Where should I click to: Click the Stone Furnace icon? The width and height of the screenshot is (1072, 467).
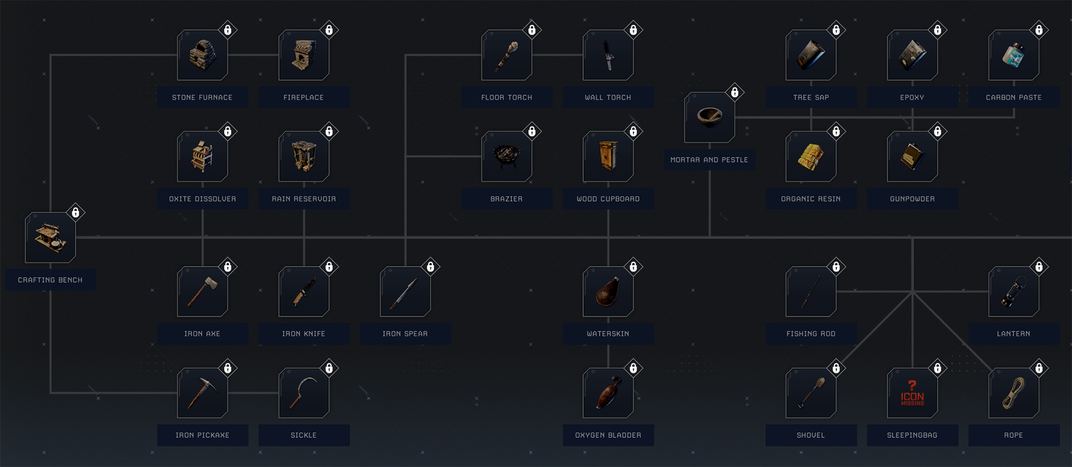click(x=202, y=55)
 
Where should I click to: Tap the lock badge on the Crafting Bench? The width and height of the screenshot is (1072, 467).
click(x=75, y=212)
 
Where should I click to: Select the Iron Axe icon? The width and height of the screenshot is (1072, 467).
click(x=202, y=292)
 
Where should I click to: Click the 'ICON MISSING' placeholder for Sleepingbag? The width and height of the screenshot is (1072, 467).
click(x=912, y=393)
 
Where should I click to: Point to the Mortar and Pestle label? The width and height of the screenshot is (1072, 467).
click(x=709, y=160)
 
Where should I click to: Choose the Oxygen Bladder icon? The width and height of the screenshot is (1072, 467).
click(x=608, y=393)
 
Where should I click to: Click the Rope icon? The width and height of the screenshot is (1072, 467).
click(x=1013, y=393)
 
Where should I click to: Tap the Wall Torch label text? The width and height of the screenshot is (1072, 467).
click(x=608, y=97)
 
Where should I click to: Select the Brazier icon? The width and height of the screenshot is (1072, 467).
click(x=506, y=156)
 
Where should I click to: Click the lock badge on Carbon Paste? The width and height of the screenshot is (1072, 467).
click(x=1039, y=30)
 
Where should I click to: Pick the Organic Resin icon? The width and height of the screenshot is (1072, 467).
click(x=811, y=156)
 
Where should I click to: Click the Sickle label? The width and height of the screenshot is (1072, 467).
click(x=304, y=435)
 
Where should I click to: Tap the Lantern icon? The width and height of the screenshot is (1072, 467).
click(x=1013, y=292)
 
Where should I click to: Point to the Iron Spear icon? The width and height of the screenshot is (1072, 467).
click(x=405, y=292)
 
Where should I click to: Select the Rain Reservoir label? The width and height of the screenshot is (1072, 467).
click(x=304, y=199)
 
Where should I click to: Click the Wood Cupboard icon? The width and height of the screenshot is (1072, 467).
click(x=608, y=156)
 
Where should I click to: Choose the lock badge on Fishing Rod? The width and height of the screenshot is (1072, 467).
click(x=836, y=266)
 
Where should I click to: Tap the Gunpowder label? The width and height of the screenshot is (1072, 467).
click(x=912, y=199)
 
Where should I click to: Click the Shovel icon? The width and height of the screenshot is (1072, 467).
click(x=811, y=393)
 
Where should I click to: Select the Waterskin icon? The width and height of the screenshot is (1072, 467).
click(x=608, y=292)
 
